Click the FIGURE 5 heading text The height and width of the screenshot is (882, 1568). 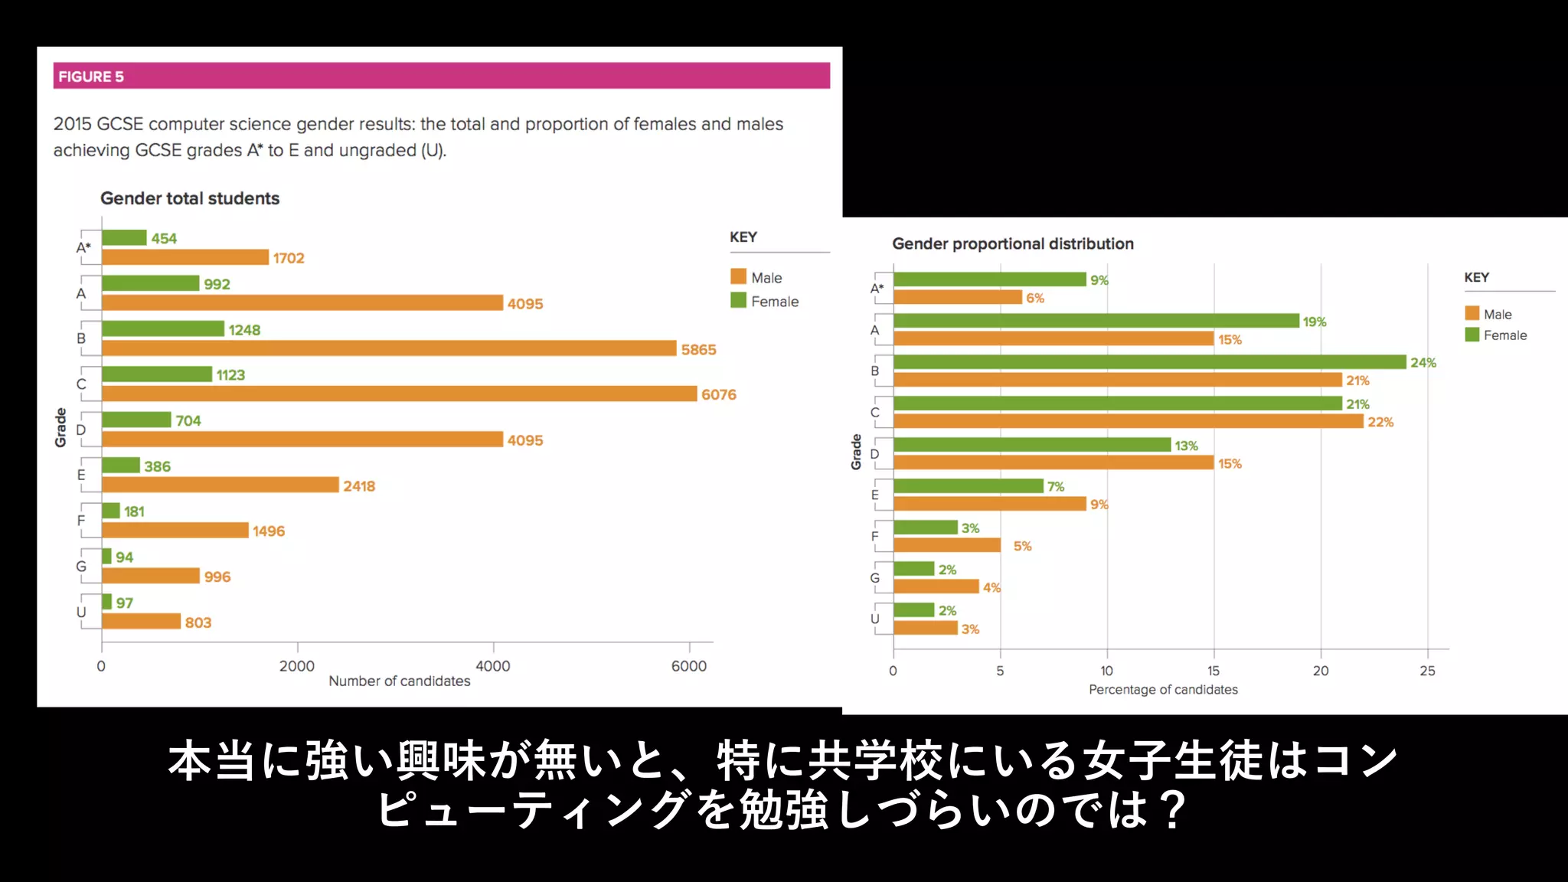click(90, 77)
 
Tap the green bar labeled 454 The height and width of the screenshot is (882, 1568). click(124, 238)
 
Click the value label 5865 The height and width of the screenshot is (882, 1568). click(698, 350)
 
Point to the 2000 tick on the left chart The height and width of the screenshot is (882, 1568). click(297, 666)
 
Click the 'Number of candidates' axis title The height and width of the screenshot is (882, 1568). click(399, 681)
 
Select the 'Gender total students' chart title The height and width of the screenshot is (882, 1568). click(190, 198)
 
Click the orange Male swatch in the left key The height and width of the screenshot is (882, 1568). click(738, 276)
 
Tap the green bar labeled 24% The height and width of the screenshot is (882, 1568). click(1148, 362)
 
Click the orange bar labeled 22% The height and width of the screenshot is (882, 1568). click(1128, 421)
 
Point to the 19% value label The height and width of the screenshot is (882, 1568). click(1315, 322)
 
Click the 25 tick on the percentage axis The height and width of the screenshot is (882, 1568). click(1427, 671)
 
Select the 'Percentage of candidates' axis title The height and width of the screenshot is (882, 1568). click(1163, 690)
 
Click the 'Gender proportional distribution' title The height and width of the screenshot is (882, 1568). click(1012, 244)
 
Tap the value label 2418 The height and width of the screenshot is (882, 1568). click(359, 486)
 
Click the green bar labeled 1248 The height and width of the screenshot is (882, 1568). click(163, 329)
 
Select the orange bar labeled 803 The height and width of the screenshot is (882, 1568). click(141, 621)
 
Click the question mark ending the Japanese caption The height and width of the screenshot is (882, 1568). click(1171, 810)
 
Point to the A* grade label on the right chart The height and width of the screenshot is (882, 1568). click(877, 289)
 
